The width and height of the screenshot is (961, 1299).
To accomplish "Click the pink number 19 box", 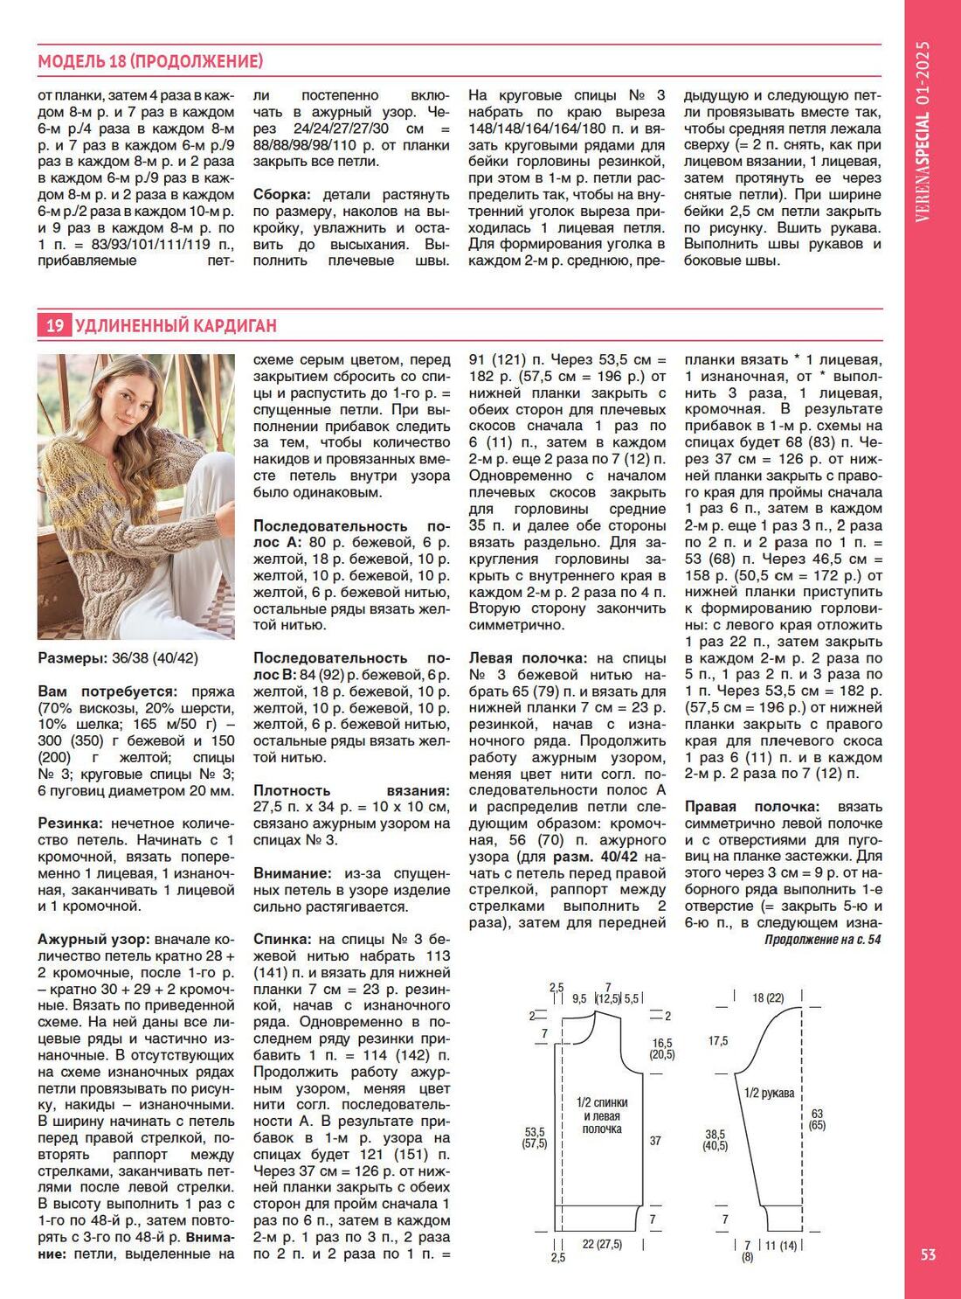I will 54,326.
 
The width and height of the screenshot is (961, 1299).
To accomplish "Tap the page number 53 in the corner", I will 928,1254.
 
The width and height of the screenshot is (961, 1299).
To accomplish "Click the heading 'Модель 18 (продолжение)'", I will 150,61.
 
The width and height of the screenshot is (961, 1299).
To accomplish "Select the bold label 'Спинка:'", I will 281,939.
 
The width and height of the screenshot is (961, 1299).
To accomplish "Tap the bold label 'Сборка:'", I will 284,194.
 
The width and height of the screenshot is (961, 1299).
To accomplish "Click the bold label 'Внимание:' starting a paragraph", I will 291,873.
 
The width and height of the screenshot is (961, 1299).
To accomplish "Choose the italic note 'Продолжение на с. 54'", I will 822,940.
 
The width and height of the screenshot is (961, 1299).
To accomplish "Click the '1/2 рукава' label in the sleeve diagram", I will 769,1093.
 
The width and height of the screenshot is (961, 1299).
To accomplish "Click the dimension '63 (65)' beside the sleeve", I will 817,1120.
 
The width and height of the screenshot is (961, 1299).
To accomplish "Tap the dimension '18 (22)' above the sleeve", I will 768,997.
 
